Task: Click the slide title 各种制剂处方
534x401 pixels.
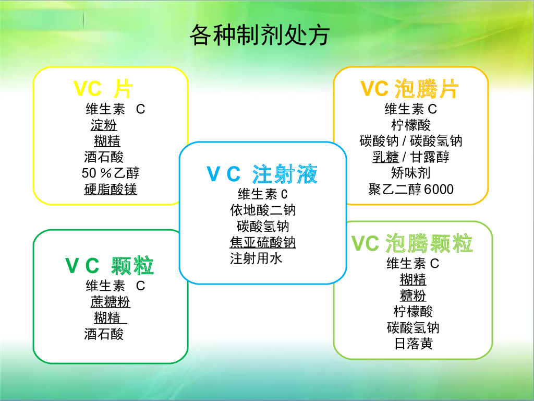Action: click(259, 36)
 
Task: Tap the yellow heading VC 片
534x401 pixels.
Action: click(102, 89)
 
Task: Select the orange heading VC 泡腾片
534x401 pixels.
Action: click(410, 89)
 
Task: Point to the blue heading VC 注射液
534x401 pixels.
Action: click(262, 174)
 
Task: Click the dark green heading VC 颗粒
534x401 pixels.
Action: click(110, 266)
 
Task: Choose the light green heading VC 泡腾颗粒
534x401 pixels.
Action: click(412, 243)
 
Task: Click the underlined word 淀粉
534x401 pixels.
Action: click(104, 125)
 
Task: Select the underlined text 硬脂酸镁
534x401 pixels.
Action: click(111, 189)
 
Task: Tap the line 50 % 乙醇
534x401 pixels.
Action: click(111, 173)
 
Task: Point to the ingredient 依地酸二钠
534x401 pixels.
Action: click(263, 210)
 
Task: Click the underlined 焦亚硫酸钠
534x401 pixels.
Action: click(263, 242)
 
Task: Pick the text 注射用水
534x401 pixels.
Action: click(256, 258)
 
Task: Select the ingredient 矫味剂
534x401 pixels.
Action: click(411, 173)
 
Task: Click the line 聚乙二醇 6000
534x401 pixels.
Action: click(411, 189)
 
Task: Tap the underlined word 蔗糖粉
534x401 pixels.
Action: click(110, 302)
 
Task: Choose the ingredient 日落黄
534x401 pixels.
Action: click(413, 344)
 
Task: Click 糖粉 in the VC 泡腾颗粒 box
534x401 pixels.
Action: click(413, 296)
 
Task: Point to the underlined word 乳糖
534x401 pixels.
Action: click(386, 157)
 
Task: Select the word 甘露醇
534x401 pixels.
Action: click(429, 157)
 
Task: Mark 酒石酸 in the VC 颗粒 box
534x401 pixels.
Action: click(104, 334)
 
